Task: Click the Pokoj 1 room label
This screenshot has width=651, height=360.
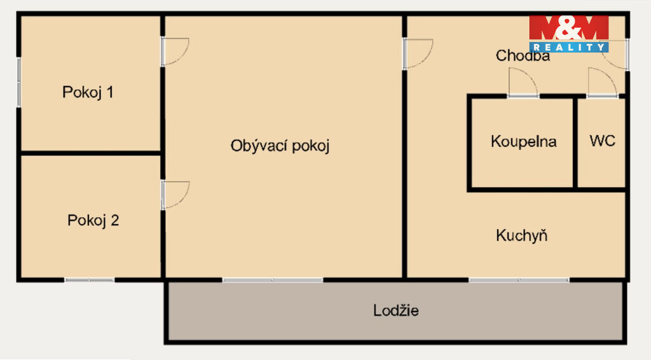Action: tap(88, 92)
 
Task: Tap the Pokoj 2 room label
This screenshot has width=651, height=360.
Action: tap(93, 220)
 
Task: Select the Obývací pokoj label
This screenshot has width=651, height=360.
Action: tap(280, 146)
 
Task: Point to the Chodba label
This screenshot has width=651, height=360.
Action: tap(523, 55)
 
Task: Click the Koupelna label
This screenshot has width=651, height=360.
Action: tap(524, 142)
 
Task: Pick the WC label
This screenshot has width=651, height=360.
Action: tap(602, 141)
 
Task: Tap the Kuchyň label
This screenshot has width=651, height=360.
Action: tap(521, 235)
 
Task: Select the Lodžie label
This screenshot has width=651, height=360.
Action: tap(395, 310)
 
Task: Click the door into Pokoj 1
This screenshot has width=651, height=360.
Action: tap(175, 52)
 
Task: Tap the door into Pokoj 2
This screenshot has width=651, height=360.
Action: tap(175, 195)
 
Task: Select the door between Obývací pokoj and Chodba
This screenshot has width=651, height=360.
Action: tap(418, 53)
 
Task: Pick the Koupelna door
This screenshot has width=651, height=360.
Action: tap(523, 83)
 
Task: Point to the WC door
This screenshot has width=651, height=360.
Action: tap(602, 83)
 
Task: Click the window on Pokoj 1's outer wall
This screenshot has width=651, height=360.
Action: tap(18, 82)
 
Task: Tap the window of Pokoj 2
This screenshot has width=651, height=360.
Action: tap(89, 280)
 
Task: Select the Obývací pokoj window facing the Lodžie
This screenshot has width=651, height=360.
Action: tap(273, 280)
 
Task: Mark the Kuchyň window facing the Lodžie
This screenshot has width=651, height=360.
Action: tap(519, 280)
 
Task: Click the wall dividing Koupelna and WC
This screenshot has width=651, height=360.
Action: tap(575, 142)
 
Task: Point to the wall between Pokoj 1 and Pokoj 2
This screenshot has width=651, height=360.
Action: tap(90, 153)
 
